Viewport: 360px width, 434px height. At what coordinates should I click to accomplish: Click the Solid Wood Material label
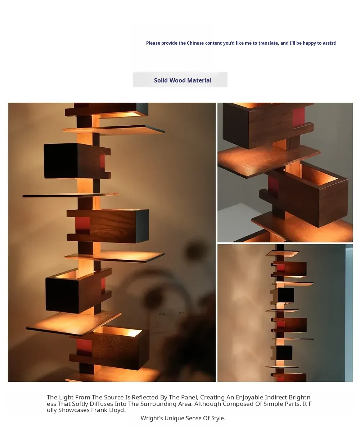click(183, 80)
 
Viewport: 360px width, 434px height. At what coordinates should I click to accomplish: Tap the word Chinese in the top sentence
click(195, 43)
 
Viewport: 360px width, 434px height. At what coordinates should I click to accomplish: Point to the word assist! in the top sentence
click(329, 43)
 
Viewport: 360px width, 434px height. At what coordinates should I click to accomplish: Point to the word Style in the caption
click(218, 418)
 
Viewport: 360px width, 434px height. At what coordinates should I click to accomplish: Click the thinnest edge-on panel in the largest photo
click(71, 195)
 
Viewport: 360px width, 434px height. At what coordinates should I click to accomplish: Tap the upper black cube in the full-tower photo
click(285, 295)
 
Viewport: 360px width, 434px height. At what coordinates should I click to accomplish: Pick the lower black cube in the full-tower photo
click(284, 353)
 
